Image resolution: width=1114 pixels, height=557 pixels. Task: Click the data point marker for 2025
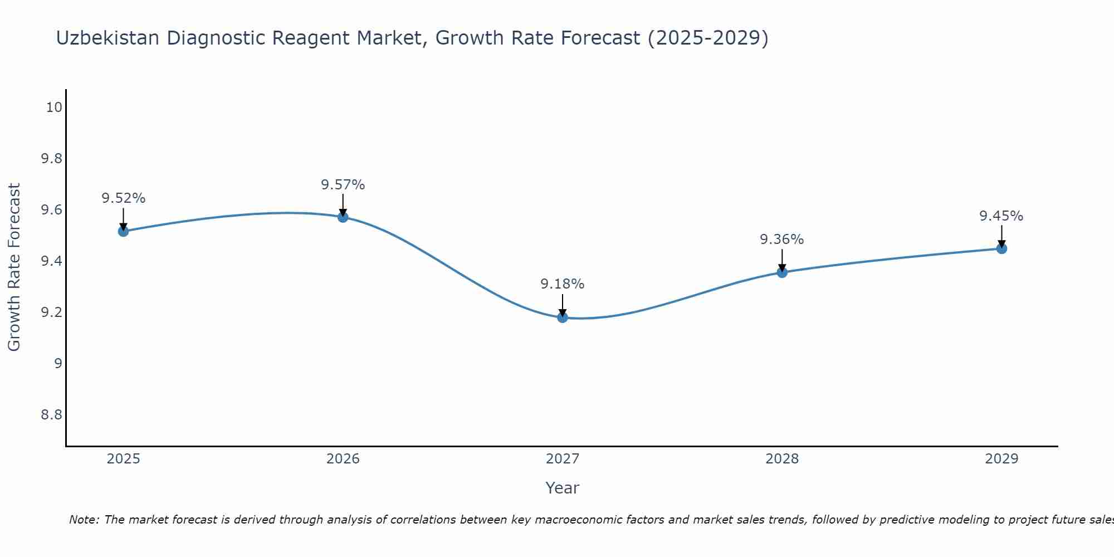[124, 231]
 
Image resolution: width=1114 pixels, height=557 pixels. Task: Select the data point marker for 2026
[343, 217]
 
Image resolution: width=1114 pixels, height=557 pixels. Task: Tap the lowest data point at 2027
[563, 317]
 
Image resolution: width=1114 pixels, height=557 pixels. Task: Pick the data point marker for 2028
[782, 272]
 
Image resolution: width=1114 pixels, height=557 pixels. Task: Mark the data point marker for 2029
[1001, 248]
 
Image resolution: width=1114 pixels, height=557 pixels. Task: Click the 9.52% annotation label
[124, 198]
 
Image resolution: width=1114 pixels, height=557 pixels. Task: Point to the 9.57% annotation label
[343, 184]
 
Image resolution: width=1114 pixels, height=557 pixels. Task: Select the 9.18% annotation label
[563, 284]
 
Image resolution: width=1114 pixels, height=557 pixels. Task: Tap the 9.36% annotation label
[782, 240]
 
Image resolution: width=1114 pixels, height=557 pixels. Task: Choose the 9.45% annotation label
[1001, 216]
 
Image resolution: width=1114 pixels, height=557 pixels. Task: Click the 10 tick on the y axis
[54, 108]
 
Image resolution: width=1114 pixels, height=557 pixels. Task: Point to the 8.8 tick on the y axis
[51, 415]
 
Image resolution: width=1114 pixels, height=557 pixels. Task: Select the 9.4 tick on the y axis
[51, 261]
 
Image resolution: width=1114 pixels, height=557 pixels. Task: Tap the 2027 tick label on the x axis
[563, 459]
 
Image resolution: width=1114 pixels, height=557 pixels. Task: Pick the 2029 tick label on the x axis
[1001, 459]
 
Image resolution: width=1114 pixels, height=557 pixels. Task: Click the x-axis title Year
[563, 488]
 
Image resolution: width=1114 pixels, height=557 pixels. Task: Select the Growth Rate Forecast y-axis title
[14, 267]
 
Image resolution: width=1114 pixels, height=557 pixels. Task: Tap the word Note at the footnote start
[84, 520]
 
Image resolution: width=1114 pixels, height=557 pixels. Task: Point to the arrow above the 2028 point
[782, 260]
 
